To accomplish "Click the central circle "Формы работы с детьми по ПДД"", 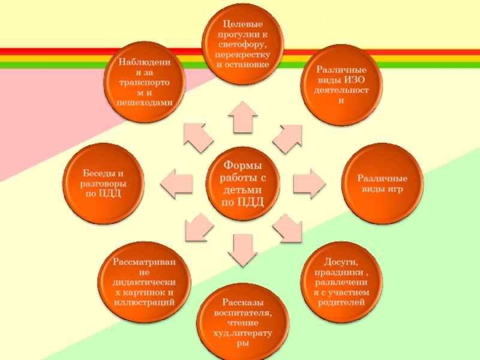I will click(x=243, y=182).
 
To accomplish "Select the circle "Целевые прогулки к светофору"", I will click(x=243, y=44).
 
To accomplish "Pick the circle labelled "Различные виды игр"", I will click(x=383, y=182).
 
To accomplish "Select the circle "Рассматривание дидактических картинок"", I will click(x=144, y=283).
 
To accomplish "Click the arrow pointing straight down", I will click(x=242, y=250).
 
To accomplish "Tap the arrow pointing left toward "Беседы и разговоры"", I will click(x=177, y=181).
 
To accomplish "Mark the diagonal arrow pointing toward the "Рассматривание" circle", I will click(x=198, y=228).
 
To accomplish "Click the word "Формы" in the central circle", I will click(x=242, y=164).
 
